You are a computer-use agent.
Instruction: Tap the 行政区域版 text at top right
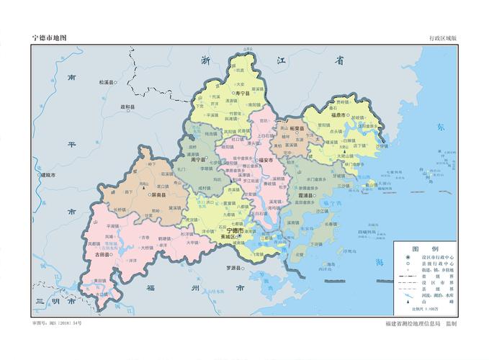tap(442, 37)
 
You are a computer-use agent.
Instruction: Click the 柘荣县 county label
tap(295, 130)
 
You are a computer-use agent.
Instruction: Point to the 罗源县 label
tap(232, 267)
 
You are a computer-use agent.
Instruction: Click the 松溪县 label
tap(107, 83)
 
